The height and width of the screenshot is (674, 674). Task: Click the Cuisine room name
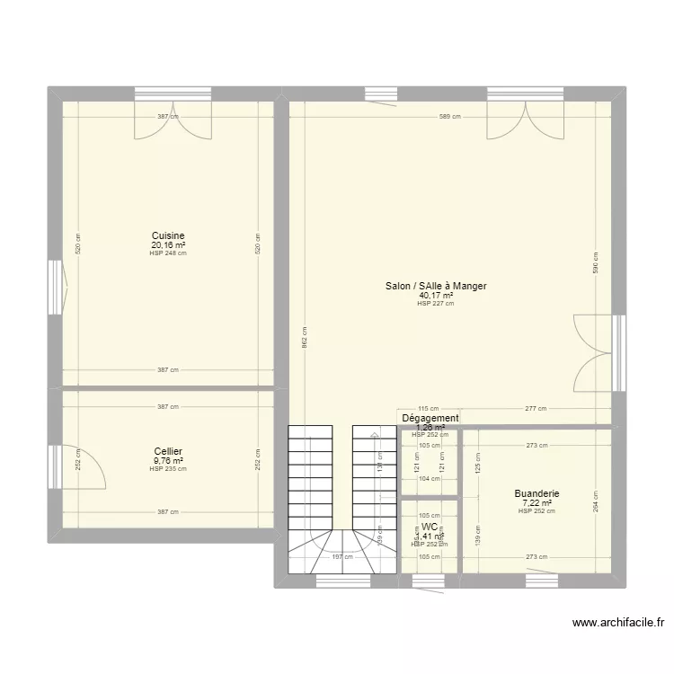coord(168,235)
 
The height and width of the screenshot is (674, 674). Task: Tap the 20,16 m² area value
coord(168,244)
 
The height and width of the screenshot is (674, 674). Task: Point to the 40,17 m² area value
coord(436,295)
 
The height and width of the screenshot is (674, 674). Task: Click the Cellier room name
coord(168,451)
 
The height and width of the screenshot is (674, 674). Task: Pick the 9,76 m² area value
coord(168,460)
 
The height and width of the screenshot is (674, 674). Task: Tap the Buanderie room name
coord(537,493)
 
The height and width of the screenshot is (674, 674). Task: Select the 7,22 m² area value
coord(537,502)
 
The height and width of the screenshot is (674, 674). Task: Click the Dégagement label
coord(430,418)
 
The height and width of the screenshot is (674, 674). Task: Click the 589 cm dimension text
coord(450,117)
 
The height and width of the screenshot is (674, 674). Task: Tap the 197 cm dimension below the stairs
coord(341,557)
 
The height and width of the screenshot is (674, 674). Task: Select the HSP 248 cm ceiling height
coord(168,253)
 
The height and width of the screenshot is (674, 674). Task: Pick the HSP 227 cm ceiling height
coord(436,304)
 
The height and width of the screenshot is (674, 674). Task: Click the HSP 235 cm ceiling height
coord(168,469)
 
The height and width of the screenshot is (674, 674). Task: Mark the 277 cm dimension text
coord(537,409)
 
